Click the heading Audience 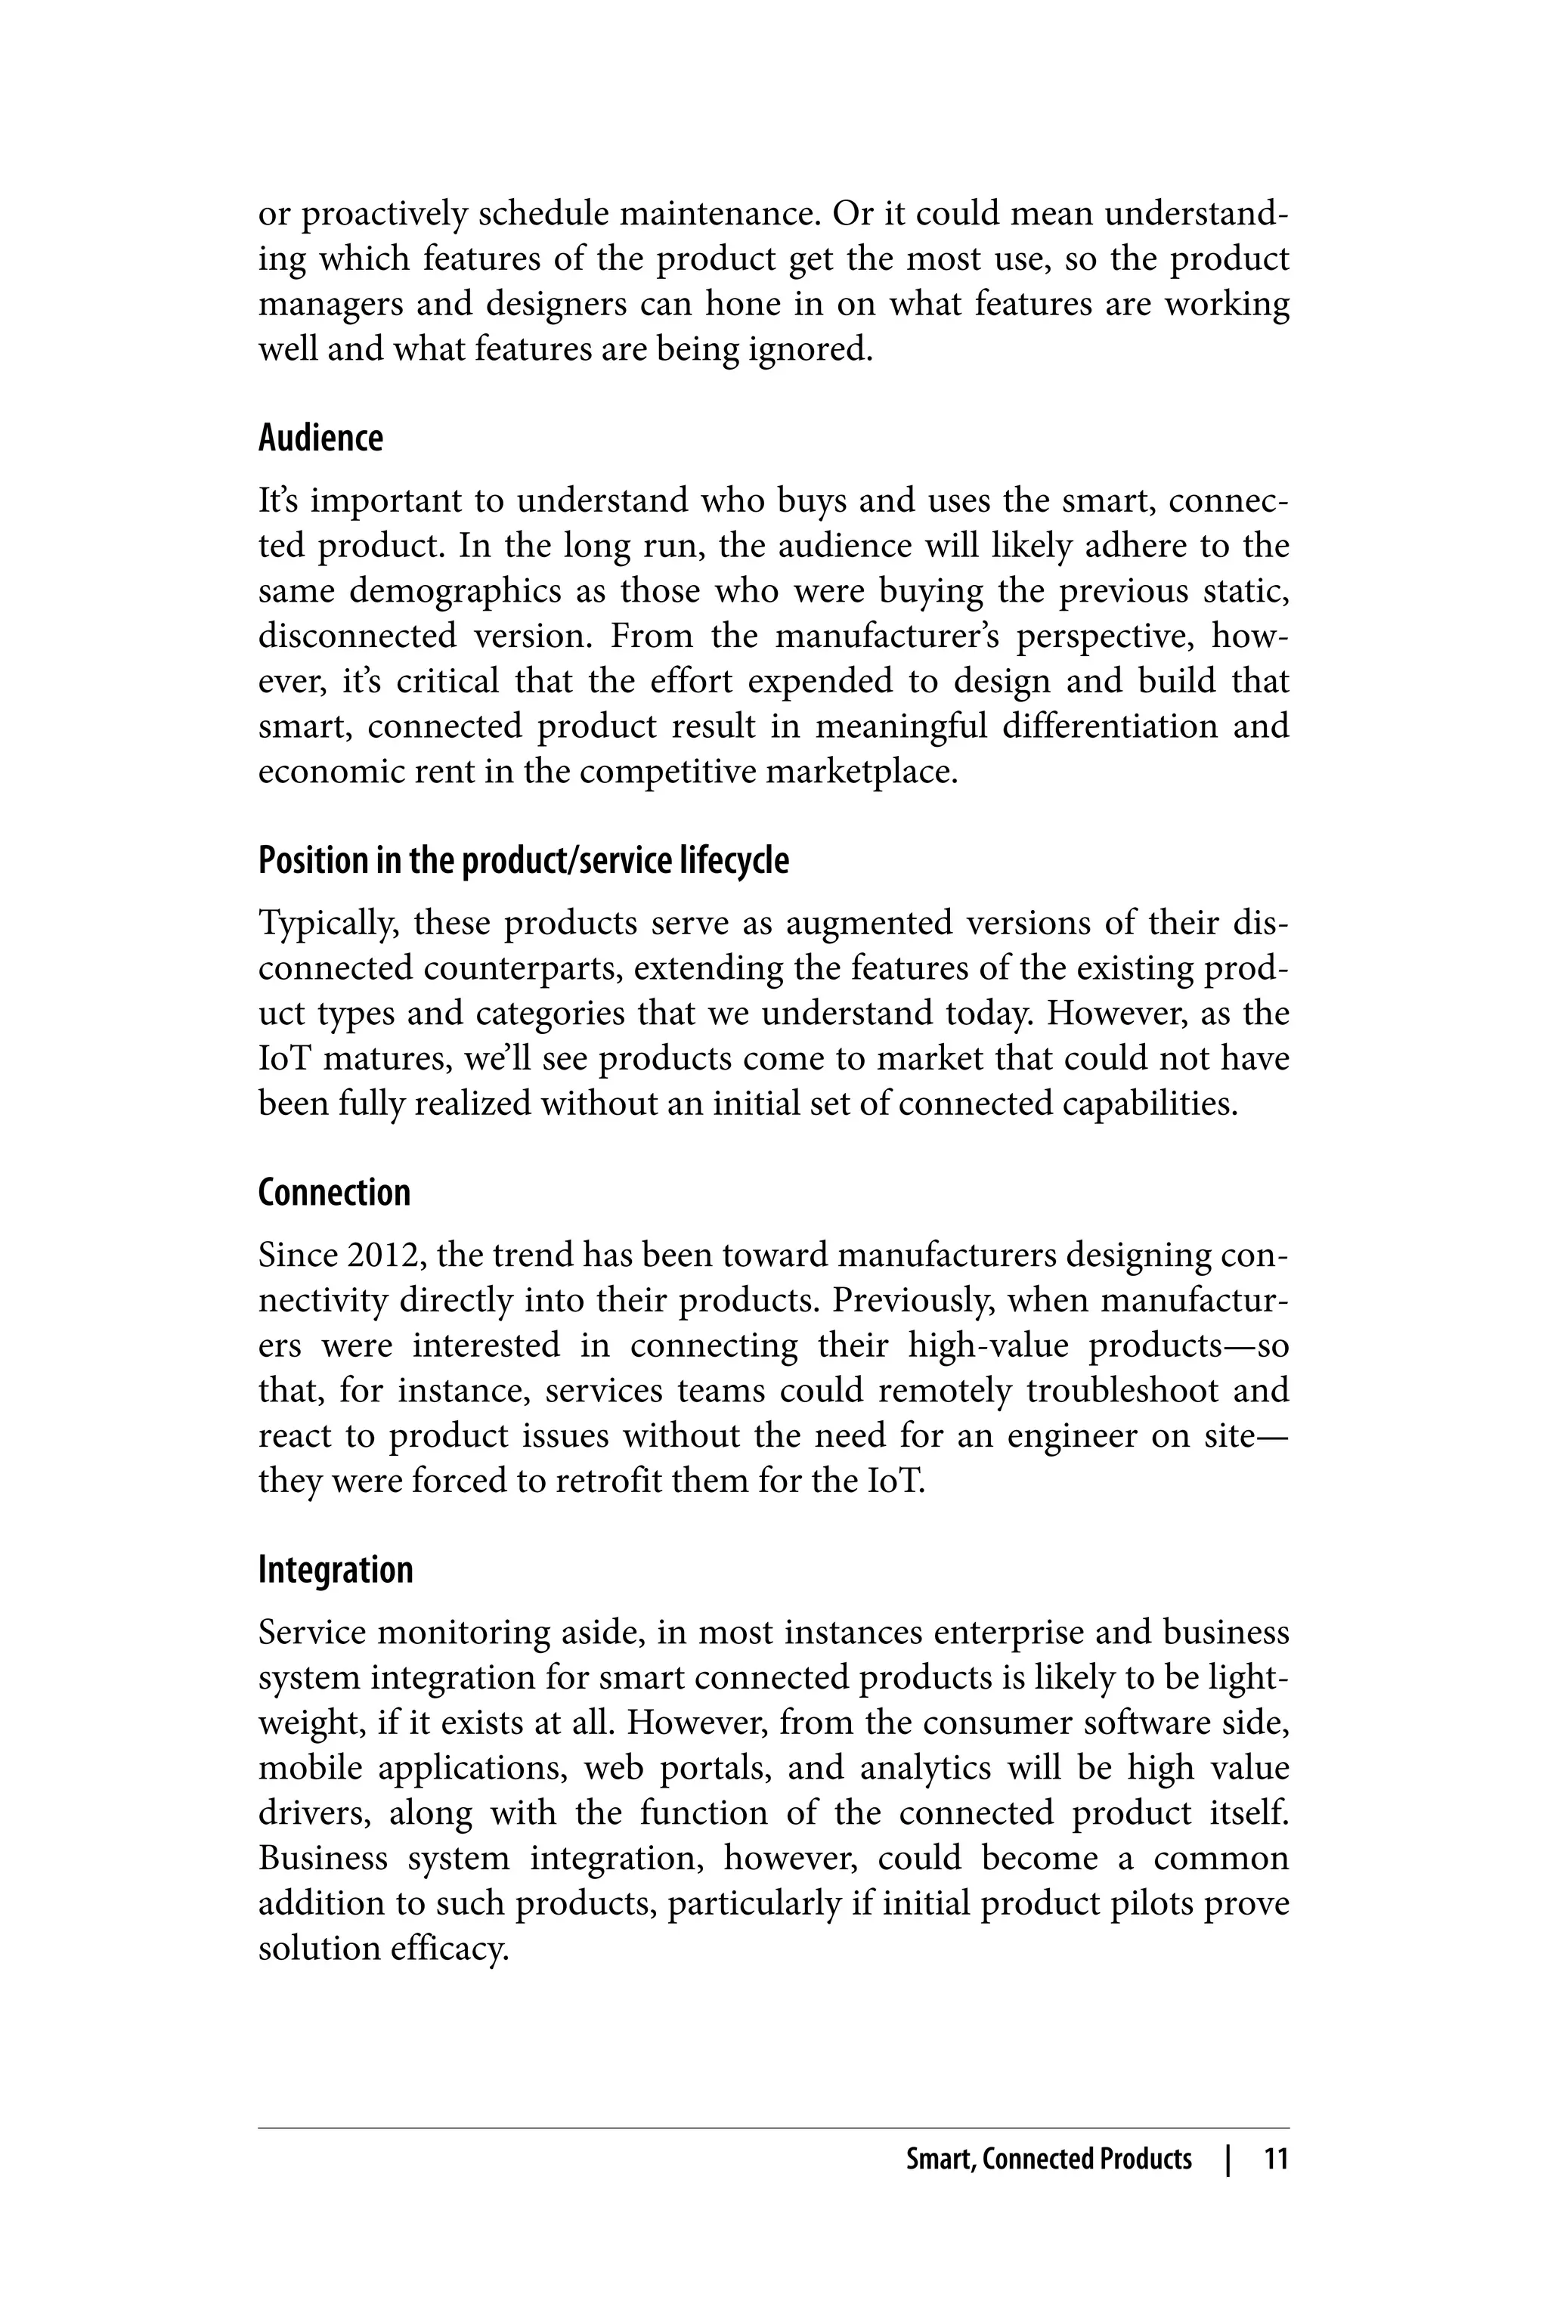point(320,438)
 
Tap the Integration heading point(335,1570)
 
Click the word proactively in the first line point(383,214)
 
